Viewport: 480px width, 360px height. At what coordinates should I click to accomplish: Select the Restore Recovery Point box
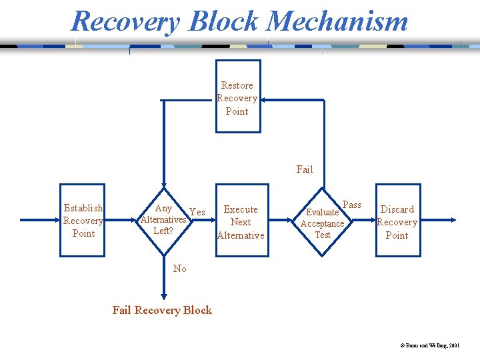[x=237, y=97]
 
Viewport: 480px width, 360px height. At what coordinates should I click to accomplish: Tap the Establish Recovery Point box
[x=83, y=220]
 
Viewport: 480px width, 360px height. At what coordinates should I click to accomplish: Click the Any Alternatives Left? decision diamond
[x=163, y=219]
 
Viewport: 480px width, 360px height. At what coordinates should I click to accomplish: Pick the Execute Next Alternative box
[x=241, y=221]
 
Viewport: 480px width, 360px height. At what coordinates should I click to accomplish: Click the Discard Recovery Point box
[x=397, y=221]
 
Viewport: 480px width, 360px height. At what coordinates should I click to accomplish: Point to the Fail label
[x=304, y=169]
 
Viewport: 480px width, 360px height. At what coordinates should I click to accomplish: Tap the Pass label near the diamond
[x=351, y=205]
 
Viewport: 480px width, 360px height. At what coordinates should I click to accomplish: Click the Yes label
[x=197, y=212]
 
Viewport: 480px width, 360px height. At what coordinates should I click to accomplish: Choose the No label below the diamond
[x=179, y=269]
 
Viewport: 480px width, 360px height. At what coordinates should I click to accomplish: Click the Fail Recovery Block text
[x=162, y=310]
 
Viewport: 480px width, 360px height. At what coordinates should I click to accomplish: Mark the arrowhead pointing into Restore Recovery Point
[x=264, y=100]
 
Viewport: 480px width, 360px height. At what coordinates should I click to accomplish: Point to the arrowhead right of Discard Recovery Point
[x=453, y=219]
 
